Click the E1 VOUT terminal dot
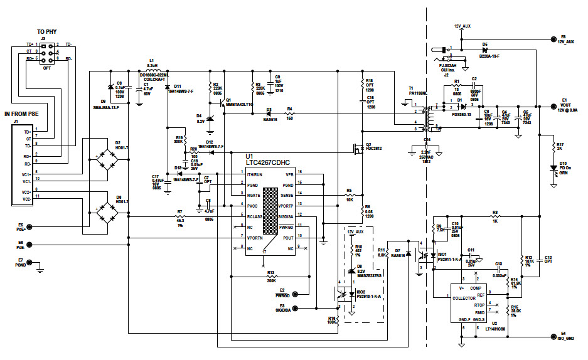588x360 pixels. click(x=552, y=105)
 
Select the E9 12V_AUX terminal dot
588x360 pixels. click(x=552, y=38)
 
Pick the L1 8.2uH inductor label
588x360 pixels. click(x=152, y=65)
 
